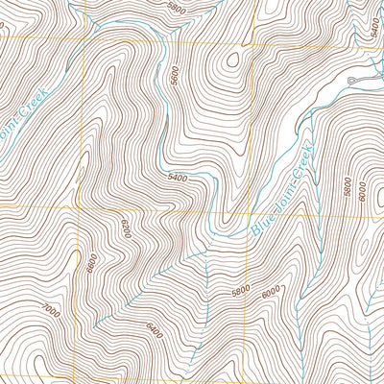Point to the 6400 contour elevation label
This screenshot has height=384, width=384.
pos(155,328)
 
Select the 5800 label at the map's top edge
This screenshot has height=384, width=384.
pos(174,6)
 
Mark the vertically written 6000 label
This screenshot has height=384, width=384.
pos(361,191)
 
